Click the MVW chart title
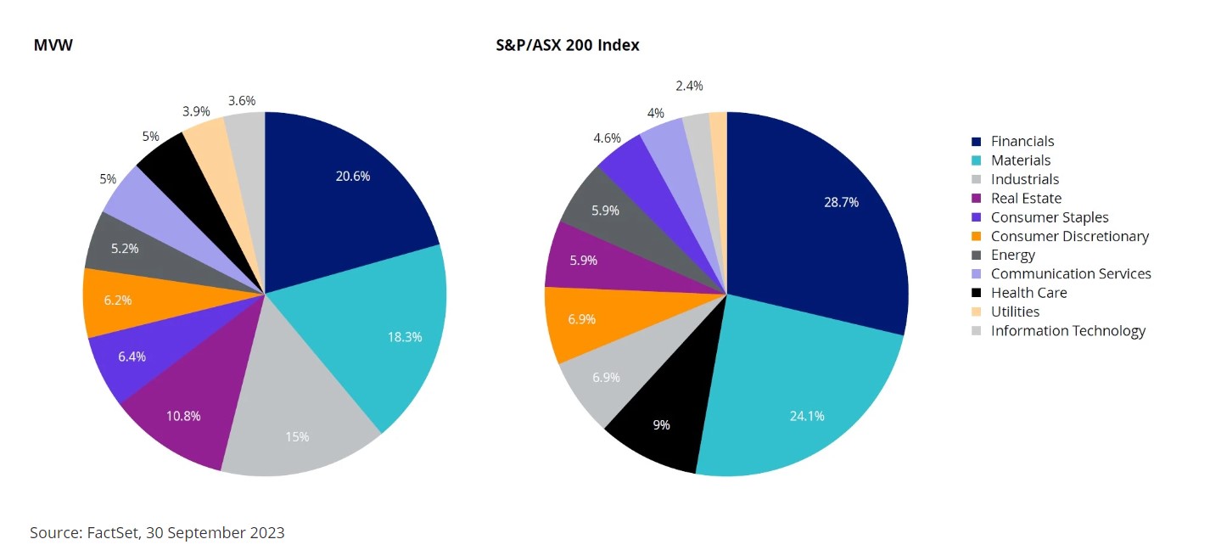tap(53, 46)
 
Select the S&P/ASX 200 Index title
tap(567, 46)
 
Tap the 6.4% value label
tap(132, 357)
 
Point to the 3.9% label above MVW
tap(197, 111)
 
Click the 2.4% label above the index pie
tap(689, 86)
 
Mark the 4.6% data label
tap(607, 138)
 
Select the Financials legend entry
tap(1022, 142)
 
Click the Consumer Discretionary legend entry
tap(1069, 236)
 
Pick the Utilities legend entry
tap(1015, 312)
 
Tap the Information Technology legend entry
tap(1067, 330)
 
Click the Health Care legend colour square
tap(976, 293)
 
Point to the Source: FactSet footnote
tap(157, 533)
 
